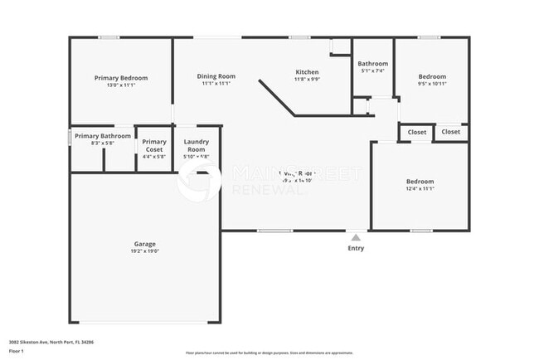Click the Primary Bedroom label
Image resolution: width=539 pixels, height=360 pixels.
[121, 77]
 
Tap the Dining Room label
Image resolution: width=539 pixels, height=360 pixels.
[215, 76]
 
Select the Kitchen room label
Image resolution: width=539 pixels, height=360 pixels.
[307, 72]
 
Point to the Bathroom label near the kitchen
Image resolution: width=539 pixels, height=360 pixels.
[372, 64]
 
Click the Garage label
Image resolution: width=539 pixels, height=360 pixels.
[144, 245]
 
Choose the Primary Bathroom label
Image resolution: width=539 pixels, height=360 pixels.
[103, 136]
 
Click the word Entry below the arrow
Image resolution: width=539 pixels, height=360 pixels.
[356, 248]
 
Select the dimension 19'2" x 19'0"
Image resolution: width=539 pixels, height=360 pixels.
[144, 252]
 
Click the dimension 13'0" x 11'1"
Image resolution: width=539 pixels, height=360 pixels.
[121, 85]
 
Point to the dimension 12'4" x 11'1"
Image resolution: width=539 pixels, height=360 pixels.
[419, 189]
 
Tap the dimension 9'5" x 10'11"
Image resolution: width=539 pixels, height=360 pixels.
[431, 84]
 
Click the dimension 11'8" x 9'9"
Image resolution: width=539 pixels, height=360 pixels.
[307, 80]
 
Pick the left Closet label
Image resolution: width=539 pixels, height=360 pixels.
[417, 132]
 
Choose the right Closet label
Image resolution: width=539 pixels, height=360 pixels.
[451, 131]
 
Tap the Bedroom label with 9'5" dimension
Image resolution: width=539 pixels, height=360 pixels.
[431, 76]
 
